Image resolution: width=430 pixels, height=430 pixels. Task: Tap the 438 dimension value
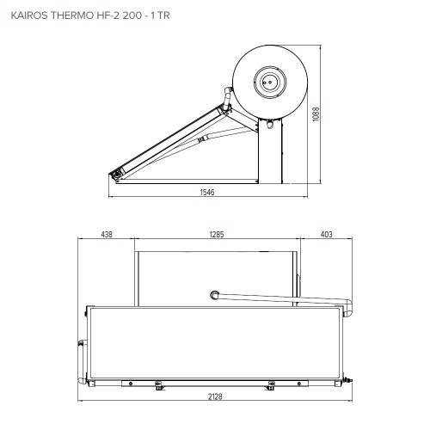107,234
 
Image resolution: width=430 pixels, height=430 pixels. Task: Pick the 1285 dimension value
215,234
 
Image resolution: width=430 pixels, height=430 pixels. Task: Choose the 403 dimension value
326,234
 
